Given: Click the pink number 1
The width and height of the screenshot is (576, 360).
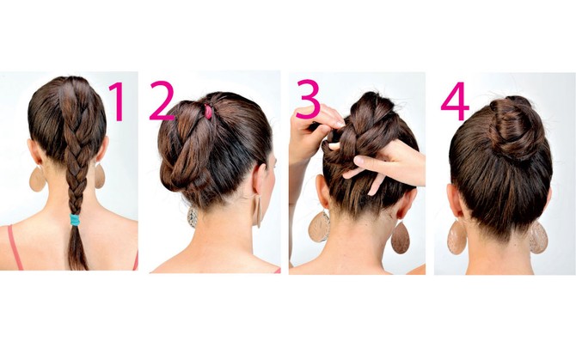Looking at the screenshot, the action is pyautogui.click(x=118, y=101).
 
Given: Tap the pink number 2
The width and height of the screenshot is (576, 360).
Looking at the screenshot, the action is pyautogui.click(x=162, y=101).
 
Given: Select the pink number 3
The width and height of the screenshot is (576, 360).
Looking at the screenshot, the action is pyautogui.click(x=308, y=99).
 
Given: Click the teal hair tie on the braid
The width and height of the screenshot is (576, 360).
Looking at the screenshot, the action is pyautogui.click(x=75, y=220).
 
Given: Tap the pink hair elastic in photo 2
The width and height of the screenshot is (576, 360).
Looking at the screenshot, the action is pyautogui.click(x=208, y=112).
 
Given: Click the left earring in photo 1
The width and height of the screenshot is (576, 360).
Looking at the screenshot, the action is pyautogui.click(x=37, y=179).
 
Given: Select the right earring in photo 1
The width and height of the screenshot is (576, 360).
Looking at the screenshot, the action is pyautogui.click(x=100, y=176).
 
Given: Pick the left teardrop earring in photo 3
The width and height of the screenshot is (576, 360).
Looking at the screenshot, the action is pyautogui.click(x=319, y=227).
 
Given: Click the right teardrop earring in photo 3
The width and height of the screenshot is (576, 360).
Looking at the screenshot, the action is pyautogui.click(x=401, y=238).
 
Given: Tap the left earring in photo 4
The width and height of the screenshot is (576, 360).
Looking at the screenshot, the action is pyautogui.click(x=457, y=237).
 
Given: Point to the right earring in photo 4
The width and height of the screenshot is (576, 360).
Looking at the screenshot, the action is pyautogui.click(x=538, y=237).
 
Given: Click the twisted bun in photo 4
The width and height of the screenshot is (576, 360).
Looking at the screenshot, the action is pyautogui.click(x=512, y=127).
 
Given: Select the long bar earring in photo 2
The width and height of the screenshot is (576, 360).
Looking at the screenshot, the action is pyautogui.click(x=259, y=212).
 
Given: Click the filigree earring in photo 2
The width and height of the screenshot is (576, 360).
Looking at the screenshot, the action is pyautogui.click(x=193, y=217).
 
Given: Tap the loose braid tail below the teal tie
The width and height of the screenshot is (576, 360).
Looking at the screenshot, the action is pyautogui.click(x=77, y=247).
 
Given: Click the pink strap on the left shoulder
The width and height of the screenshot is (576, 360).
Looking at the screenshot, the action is pyautogui.click(x=15, y=247).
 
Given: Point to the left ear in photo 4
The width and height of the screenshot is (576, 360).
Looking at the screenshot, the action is pyautogui.click(x=455, y=202).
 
